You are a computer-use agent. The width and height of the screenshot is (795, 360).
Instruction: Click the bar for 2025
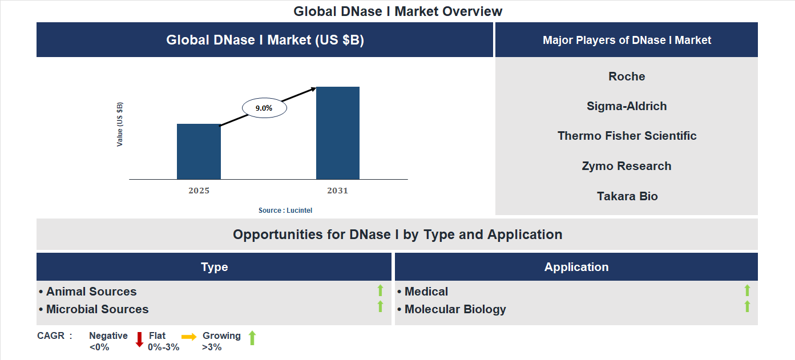tap(199, 152)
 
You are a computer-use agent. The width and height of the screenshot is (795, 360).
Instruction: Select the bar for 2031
tap(338, 133)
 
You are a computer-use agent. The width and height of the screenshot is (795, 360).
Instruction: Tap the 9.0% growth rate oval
tap(264, 108)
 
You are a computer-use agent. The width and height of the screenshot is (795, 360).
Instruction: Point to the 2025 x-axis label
tap(199, 191)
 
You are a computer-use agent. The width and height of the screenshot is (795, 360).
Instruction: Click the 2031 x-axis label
tap(337, 191)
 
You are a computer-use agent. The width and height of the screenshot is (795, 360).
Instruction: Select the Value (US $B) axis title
tap(120, 124)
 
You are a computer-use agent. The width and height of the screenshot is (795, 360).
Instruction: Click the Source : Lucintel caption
tap(285, 211)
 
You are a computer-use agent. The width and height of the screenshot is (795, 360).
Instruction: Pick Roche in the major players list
tap(627, 76)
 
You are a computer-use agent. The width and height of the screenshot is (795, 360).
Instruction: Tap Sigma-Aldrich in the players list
tap(627, 106)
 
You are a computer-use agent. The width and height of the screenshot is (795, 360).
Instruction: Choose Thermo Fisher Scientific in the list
tap(627, 136)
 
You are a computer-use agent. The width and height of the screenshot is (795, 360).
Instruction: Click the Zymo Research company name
tap(627, 166)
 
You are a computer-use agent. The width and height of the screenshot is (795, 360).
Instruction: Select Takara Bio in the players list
tap(627, 196)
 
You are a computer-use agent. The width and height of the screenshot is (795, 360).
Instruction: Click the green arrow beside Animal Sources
tap(380, 291)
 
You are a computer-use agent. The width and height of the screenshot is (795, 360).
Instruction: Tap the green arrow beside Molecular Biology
tap(747, 307)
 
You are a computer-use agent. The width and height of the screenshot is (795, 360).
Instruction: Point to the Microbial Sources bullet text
tap(97, 309)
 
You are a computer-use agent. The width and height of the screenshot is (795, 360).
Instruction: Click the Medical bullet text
tap(426, 292)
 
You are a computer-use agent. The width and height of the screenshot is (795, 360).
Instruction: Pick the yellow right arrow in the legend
tap(189, 337)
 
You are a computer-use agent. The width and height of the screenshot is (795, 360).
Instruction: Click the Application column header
tap(576, 267)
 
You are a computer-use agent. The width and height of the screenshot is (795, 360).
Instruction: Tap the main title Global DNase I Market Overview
tap(398, 11)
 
